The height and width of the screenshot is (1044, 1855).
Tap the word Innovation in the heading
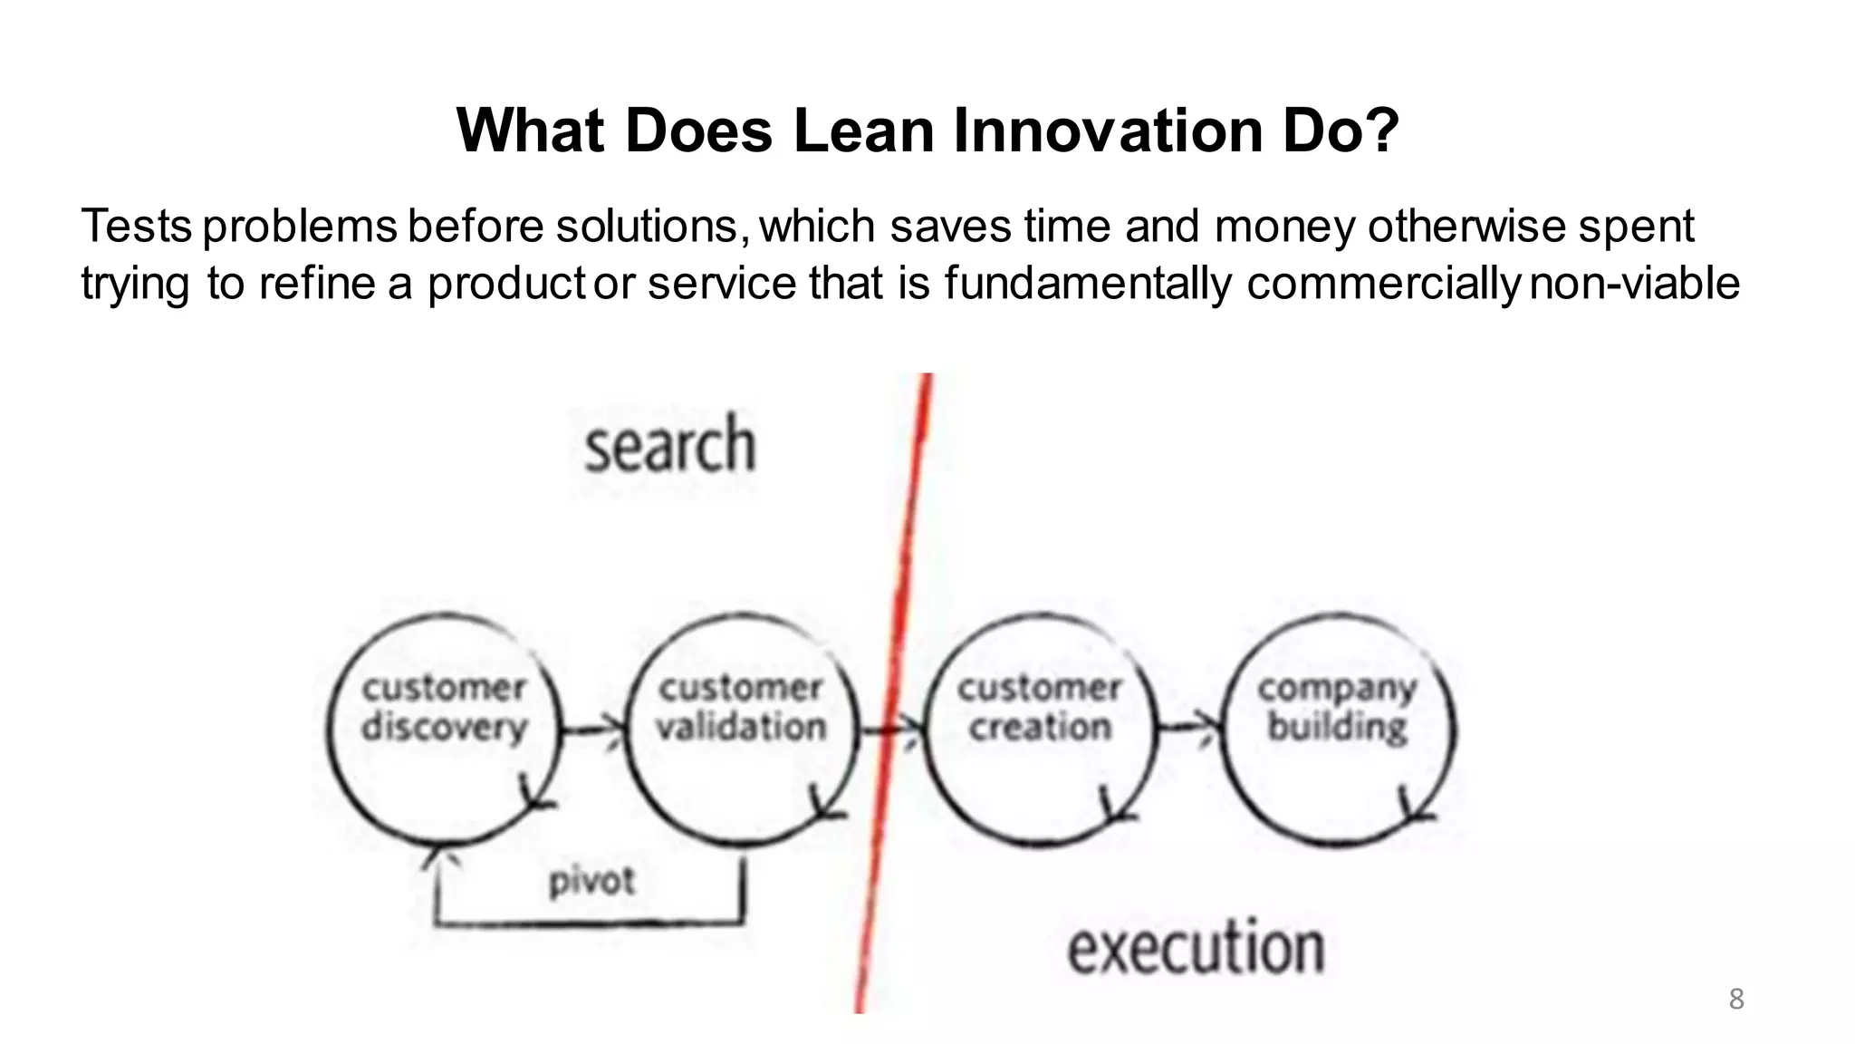1107,130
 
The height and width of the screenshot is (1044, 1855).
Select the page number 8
1735,999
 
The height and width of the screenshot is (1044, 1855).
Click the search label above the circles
669,445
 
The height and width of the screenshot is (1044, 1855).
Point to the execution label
1196,947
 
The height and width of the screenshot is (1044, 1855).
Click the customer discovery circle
444,730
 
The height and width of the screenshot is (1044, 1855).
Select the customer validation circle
741,730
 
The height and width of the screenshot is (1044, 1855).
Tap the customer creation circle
1040,730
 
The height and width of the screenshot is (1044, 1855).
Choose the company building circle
1337,730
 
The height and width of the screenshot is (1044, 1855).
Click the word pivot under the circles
591,881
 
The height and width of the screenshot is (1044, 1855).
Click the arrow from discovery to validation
593,728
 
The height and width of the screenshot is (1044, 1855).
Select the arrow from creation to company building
1189,726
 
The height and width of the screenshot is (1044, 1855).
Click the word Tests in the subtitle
136,226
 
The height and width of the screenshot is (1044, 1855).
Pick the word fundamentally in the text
1087,283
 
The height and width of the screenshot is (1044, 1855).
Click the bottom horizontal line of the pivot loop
589,923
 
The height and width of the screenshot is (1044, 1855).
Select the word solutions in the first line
651,226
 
